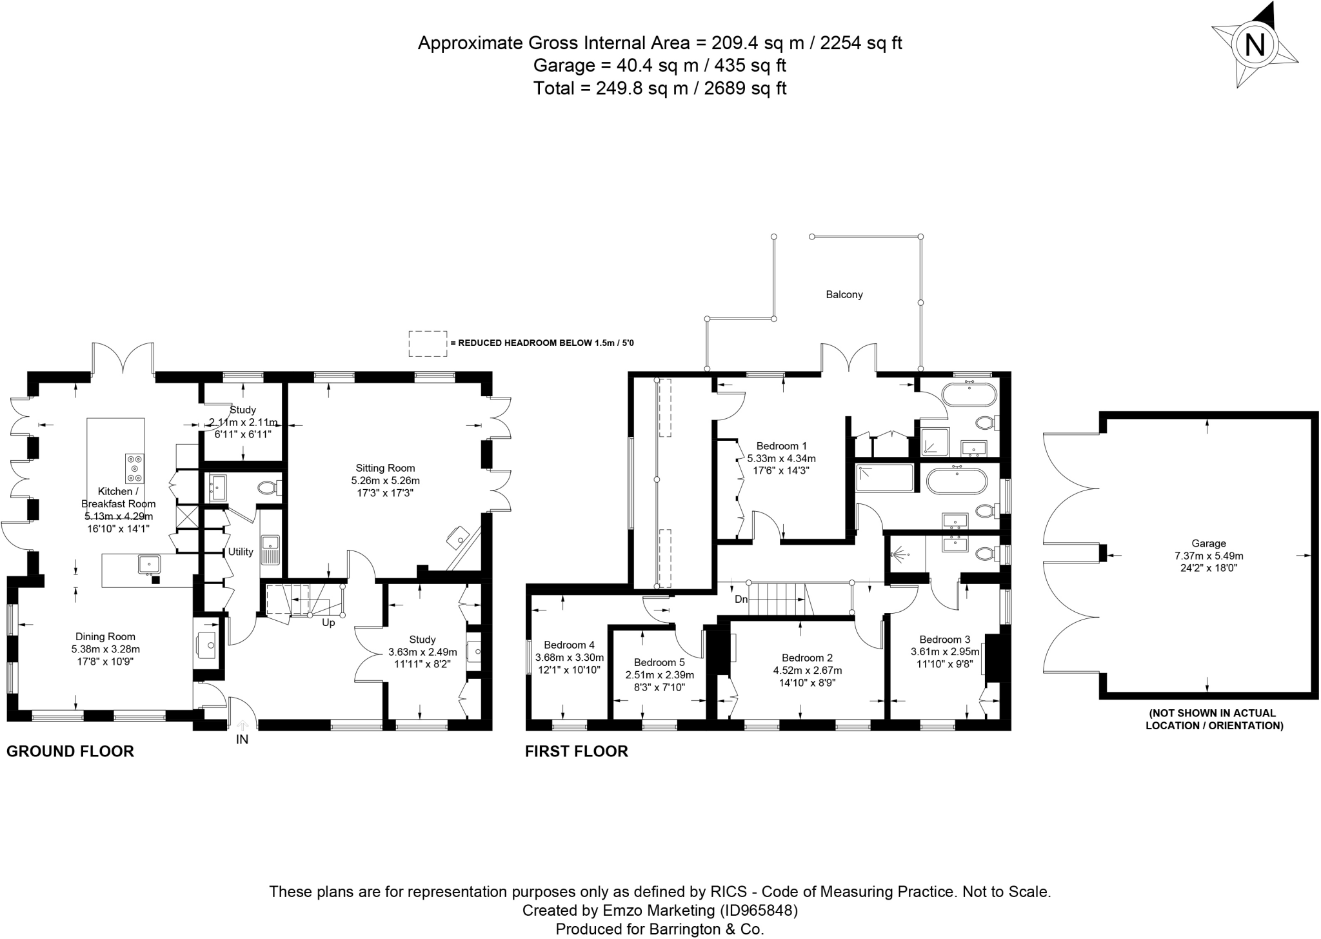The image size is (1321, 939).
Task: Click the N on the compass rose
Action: [x=1255, y=45]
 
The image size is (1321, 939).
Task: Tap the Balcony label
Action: [x=844, y=294]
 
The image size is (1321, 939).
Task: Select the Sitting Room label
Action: [x=385, y=468]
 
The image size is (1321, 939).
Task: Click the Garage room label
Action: [x=1209, y=543]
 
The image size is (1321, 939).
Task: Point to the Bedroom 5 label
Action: [x=659, y=662]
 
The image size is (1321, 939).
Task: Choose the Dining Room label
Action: [x=105, y=637]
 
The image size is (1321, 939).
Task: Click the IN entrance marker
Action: [x=242, y=740]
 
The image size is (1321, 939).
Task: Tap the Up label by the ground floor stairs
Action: [x=328, y=623]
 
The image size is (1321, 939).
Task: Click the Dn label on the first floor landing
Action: [x=741, y=600]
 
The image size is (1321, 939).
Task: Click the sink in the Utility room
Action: [x=270, y=550]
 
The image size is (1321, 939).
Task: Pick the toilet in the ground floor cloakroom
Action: [x=269, y=488]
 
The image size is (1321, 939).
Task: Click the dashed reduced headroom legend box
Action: [x=428, y=343]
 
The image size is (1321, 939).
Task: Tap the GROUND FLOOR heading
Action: [x=70, y=751]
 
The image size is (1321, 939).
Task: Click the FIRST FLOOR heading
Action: [x=577, y=751]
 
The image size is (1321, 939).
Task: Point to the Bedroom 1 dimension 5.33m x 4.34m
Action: [x=781, y=458]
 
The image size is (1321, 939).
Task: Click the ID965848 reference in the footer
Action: [x=758, y=911]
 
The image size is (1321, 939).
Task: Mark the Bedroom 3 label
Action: [x=945, y=640]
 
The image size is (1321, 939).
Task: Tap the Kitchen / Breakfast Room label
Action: [x=118, y=498]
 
